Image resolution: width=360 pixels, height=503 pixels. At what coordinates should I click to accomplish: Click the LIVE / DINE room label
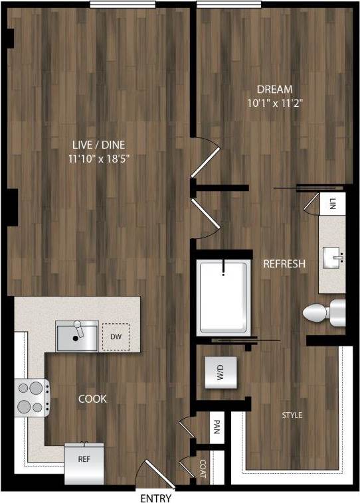point(98,145)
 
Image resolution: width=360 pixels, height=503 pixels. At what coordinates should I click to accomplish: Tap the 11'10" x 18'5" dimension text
point(98,159)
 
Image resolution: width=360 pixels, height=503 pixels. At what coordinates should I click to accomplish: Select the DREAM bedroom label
point(276,89)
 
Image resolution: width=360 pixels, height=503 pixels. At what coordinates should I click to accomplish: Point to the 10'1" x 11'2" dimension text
point(276,103)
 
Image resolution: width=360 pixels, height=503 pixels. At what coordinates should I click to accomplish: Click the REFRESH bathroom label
point(284,264)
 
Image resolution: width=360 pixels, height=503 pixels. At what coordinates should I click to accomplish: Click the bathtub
point(224,297)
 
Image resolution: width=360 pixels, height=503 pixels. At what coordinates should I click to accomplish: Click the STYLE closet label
point(292,415)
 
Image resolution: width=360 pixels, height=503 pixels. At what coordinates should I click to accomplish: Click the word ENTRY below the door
point(156,498)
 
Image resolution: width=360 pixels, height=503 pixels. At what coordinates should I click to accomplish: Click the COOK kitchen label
point(92,399)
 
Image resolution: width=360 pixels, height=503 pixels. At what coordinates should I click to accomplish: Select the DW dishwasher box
point(116,336)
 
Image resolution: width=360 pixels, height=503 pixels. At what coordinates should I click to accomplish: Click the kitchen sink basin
point(76,336)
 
